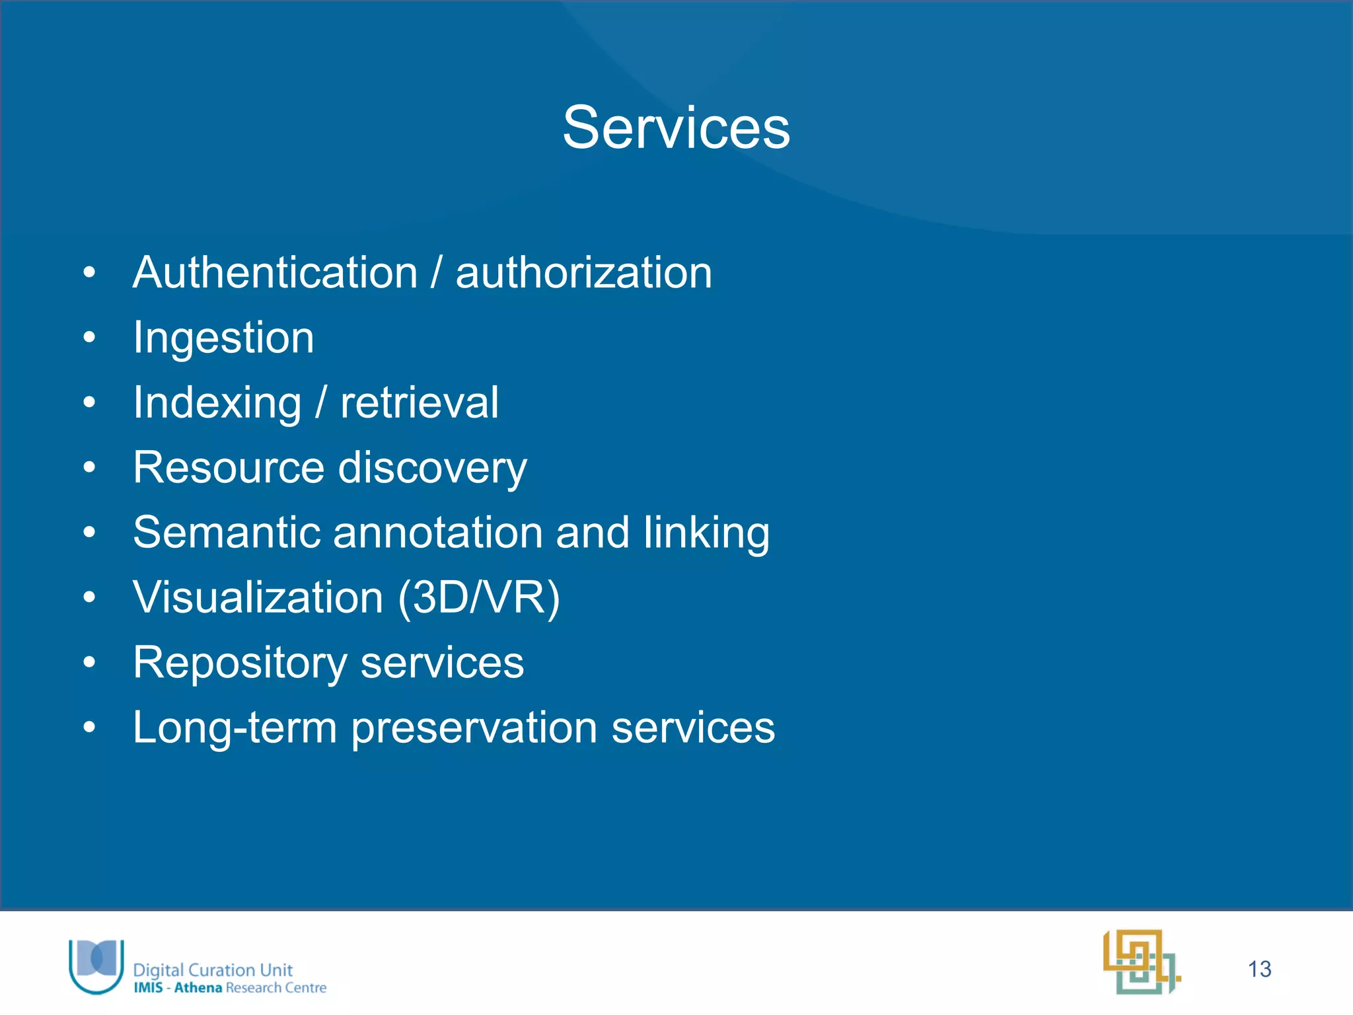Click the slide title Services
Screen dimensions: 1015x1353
click(x=676, y=128)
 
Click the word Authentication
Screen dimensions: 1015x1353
click(x=275, y=272)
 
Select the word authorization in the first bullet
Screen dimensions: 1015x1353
click(x=584, y=272)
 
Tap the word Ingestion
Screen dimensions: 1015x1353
click(x=223, y=338)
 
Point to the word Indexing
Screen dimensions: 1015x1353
click(x=217, y=403)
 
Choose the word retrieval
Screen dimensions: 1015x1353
click(x=420, y=402)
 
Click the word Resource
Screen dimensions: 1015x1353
click(x=229, y=467)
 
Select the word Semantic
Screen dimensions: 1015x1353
click(x=226, y=532)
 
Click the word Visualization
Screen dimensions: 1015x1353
click(x=258, y=597)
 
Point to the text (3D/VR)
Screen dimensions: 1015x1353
click(x=479, y=597)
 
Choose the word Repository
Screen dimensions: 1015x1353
click(x=240, y=663)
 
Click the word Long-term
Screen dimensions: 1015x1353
click(x=235, y=728)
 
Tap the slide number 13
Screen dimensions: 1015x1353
click(x=1259, y=969)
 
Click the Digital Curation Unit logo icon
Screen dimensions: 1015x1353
click(x=97, y=965)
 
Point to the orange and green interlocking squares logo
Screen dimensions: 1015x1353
click(x=1141, y=962)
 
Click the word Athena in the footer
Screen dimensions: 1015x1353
click(x=198, y=988)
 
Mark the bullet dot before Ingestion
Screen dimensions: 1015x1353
click(x=90, y=338)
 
